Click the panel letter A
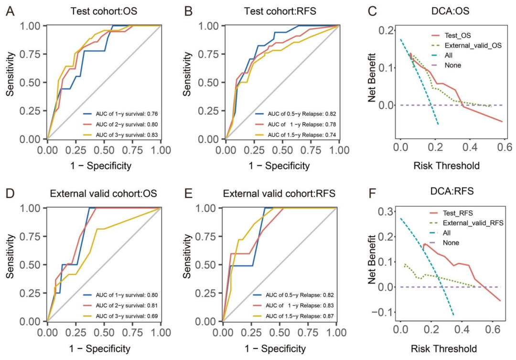point(10,11)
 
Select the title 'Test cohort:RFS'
point(279,11)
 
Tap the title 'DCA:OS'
point(450,11)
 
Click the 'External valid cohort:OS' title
point(103,193)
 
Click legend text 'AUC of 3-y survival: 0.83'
point(127,135)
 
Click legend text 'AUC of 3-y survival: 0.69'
point(127,316)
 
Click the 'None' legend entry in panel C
point(453,65)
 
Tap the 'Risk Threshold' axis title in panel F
point(443,349)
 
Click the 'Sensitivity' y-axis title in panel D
point(10,256)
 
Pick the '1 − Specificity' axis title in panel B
point(279,166)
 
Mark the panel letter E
point(188,193)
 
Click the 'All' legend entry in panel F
point(447,233)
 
